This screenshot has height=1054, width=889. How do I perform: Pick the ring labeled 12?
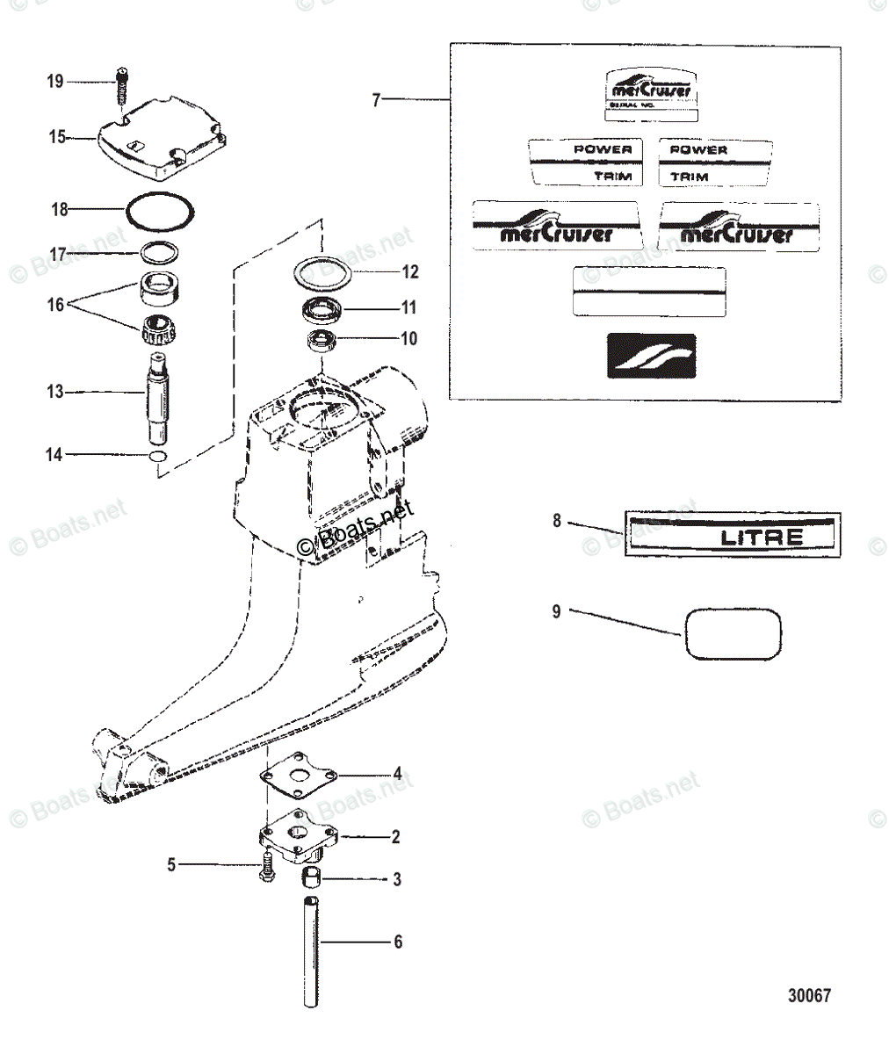(322, 271)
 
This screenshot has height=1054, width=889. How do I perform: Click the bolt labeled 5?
(266, 868)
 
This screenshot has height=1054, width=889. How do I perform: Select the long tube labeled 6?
(310, 950)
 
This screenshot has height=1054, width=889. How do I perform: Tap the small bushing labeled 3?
(311, 877)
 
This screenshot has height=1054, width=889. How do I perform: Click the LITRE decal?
(732, 536)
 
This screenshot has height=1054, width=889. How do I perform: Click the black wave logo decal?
(651, 356)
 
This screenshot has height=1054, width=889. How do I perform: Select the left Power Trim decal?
(585, 162)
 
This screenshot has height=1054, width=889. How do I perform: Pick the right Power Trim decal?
(716, 162)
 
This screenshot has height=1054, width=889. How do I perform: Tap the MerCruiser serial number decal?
(651, 96)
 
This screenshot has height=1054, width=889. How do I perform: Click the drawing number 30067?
(808, 996)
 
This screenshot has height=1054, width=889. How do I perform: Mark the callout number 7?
(376, 100)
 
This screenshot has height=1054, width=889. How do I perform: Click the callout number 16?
(55, 305)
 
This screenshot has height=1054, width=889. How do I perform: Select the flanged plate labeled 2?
(299, 833)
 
